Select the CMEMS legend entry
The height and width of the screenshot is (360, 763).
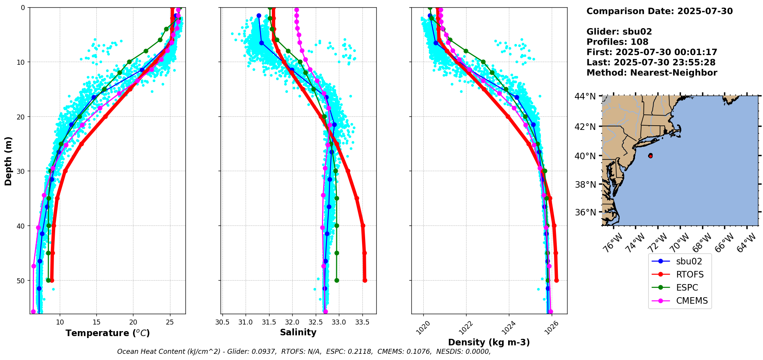[692, 301]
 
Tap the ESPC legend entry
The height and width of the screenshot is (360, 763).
[687, 288]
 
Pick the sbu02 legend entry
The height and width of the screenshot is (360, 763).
[689, 261]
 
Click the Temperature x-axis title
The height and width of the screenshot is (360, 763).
[108, 333]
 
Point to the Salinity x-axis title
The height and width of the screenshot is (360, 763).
[298, 332]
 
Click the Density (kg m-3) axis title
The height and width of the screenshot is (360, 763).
[489, 342]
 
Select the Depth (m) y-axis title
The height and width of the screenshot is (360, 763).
[8, 161]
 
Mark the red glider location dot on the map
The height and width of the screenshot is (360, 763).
[650, 156]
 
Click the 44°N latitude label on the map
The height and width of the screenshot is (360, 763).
[585, 96]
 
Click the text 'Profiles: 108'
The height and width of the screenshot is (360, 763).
[617, 42]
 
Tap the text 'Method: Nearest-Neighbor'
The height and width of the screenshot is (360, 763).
[652, 73]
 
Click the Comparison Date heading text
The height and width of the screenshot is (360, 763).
[659, 11]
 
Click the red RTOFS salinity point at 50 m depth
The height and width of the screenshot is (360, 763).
[365, 280]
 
